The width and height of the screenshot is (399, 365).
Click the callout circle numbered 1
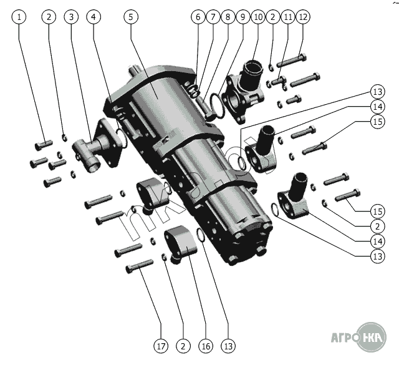(19, 17)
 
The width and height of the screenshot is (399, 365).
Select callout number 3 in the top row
(71, 17)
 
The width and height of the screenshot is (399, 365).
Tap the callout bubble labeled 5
(131, 17)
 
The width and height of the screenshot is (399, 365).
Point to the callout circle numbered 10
(258, 17)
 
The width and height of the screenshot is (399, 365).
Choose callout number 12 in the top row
(303, 17)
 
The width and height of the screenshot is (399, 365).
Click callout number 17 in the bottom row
(161, 346)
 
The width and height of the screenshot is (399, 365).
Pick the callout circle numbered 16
(206, 346)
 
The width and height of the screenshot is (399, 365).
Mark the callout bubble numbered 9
(243, 17)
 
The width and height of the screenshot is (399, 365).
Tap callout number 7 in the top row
(213, 17)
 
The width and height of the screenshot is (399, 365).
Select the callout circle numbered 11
(288, 17)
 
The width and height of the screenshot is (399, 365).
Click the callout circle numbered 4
(94, 17)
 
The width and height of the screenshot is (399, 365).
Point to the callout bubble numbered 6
(198, 17)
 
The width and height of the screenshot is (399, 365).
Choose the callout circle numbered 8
(228, 17)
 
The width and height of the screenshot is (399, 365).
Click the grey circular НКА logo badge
(372, 337)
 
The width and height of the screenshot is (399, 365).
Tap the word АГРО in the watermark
(345, 338)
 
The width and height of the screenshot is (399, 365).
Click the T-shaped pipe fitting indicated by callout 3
(97, 146)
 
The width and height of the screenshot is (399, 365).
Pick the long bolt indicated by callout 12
(291, 61)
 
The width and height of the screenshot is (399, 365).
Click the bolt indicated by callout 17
(140, 266)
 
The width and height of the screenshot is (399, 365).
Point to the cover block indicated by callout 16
(181, 243)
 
